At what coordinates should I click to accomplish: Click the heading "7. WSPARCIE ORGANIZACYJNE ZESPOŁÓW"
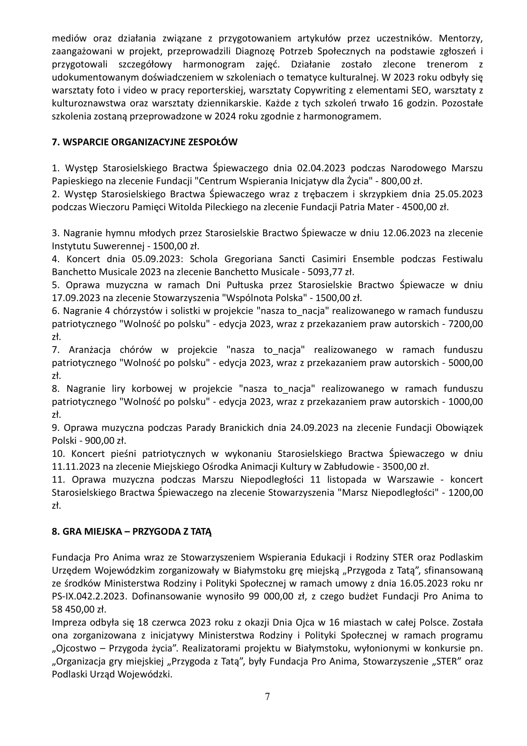point(144,142)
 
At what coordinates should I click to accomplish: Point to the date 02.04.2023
point(321,168)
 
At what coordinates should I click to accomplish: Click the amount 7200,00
point(465,324)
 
